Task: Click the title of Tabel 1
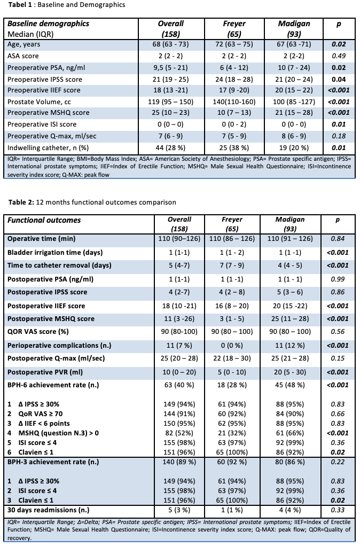tap(64, 5)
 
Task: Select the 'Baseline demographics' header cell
tap(48, 24)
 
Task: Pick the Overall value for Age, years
tap(170, 44)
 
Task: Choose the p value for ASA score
tap(337, 56)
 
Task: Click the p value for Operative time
tap(337, 238)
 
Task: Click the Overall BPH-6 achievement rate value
tap(170, 385)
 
